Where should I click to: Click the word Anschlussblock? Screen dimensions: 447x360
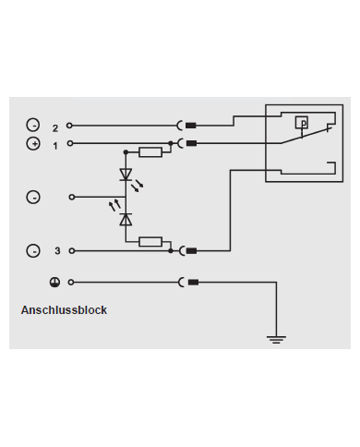coord(64,310)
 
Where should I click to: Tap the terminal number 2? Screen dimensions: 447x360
coord(55,127)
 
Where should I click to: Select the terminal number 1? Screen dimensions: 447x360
coord(55,145)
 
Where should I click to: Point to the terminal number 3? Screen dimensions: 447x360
coord(56,251)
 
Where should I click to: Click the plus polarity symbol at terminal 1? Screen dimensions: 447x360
coord(33,144)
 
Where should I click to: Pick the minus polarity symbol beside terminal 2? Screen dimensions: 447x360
coord(33,126)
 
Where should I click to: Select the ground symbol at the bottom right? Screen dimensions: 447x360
coord(275,339)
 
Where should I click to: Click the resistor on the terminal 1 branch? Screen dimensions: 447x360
coord(149,151)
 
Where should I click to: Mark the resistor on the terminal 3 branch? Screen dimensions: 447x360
coord(150,242)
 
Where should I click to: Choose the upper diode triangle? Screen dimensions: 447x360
coord(126,174)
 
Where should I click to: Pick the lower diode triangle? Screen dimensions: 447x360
coord(126,218)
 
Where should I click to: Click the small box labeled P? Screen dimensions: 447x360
coord(301,122)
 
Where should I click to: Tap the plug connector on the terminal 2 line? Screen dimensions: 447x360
coord(187,126)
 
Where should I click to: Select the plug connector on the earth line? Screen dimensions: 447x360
coord(187,283)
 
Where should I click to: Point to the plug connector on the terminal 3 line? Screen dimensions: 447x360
coord(187,250)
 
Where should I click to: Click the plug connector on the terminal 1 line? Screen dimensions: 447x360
coord(187,142)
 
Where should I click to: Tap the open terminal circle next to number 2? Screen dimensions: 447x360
coord(69,126)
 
